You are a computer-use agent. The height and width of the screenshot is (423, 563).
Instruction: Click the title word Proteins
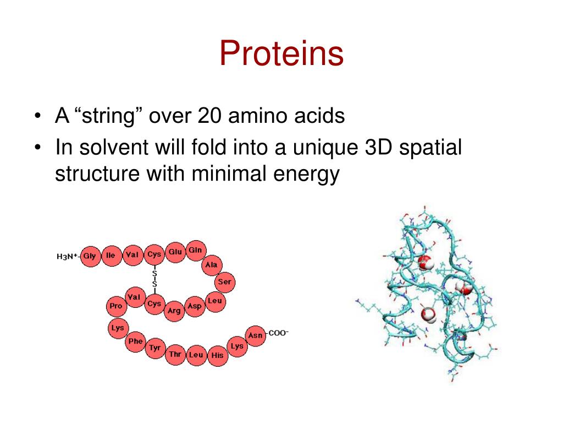tap(281, 54)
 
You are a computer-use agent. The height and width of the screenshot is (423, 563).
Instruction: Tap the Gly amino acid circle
tap(90, 256)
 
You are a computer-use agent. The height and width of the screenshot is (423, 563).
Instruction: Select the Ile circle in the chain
tap(111, 256)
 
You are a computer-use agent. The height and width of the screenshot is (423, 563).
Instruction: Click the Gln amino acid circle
tap(196, 251)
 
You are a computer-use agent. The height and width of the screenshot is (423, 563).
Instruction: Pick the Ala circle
tap(211, 265)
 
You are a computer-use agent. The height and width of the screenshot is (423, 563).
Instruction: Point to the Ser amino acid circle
tap(224, 282)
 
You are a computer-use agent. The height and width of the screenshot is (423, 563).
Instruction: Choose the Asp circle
tap(194, 306)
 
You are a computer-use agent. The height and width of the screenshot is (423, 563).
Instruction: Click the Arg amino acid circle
tap(174, 311)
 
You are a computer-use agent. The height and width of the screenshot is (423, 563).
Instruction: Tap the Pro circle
tap(116, 306)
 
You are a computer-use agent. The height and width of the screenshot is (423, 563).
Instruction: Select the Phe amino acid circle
tap(135, 341)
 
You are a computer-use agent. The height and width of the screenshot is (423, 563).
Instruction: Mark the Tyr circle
tap(155, 348)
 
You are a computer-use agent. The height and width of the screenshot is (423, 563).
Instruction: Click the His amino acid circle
tap(218, 355)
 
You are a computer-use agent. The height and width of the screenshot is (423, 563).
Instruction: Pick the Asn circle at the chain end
tap(255, 335)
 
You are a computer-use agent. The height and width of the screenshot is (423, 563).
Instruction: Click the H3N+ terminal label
tap(68, 256)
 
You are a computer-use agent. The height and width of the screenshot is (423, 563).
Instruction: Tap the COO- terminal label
tap(278, 333)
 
